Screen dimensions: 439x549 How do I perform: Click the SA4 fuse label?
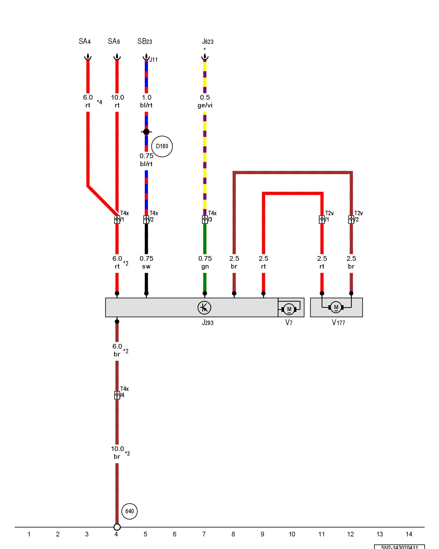(x=85, y=41)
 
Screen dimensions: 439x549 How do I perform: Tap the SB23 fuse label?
(x=145, y=41)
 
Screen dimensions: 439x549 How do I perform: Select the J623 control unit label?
(x=207, y=42)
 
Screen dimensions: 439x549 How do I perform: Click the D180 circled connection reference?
(x=162, y=146)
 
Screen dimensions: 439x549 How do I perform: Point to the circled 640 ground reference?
(x=130, y=511)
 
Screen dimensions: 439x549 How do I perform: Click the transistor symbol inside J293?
(x=204, y=307)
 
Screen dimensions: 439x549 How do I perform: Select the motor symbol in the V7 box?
(x=289, y=309)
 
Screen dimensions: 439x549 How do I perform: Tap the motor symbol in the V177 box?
(x=336, y=307)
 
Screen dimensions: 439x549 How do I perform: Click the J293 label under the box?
(x=207, y=323)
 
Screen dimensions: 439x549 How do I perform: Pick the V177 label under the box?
(x=338, y=323)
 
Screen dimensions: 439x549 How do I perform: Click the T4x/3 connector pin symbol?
(x=205, y=220)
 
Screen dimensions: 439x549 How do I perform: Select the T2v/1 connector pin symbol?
(x=322, y=220)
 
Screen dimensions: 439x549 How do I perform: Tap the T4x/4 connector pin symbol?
(x=117, y=395)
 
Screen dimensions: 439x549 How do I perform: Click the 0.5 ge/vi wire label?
(x=205, y=101)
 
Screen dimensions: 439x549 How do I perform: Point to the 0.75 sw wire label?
(x=146, y=262)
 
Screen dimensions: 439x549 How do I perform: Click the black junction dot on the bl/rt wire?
(x=146, y=132)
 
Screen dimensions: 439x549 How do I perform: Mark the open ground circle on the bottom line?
(x=117, y=527)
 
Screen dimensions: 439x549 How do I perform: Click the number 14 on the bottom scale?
(x=409, y=534)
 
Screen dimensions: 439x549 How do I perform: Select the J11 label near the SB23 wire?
(x=153, y=60)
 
